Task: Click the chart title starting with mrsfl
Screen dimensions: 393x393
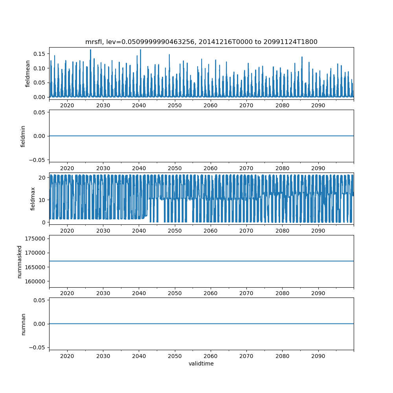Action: click(x=201, y=42)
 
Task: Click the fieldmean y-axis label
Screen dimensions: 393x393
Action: click(x=28, y=73)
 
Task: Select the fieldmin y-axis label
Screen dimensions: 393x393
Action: click(x=23, y=136)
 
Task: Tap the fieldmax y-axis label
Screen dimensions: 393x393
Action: click(x=33, y=198)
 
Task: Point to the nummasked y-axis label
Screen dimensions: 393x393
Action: click(x=19, y=261)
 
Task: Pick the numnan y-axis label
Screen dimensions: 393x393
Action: click(x=23, y=324)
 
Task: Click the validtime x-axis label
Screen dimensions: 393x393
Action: click(x=201, y=364)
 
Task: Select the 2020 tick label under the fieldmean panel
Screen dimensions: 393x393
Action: click(x=67, y=106)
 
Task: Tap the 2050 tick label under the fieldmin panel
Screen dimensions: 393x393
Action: click(x=175, y=168)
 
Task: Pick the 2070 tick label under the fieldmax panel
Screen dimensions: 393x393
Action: click(x=246, y=231)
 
